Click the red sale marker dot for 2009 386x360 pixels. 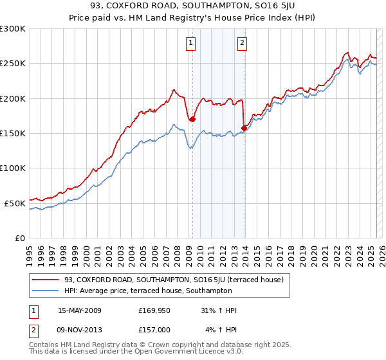point(192,119)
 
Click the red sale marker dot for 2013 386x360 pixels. point(244,128)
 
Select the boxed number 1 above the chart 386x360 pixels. point(192,44)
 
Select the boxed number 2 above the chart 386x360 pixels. point(242,44)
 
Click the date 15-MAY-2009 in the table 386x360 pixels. point(80,310)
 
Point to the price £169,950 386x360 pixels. point(154,310)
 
